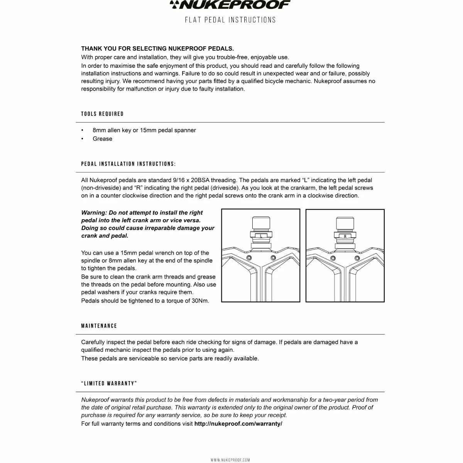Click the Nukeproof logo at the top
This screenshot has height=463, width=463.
pyautogui.click(x=230, y=5)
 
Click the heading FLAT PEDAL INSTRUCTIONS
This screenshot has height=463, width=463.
pyautogui.click(x=230, y=20)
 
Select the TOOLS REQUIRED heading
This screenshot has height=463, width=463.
pyautogui.click(x=102, y=114)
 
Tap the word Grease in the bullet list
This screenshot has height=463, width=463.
pyautogui.click(x=102, y=139)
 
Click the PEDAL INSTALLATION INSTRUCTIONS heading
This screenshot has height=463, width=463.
pyautogui.click(x=128, y=164)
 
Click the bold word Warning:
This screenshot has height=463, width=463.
pyautogui.click(x=94, y=213)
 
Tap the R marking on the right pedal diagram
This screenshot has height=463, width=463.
pyautogui.click(x=345, y=236)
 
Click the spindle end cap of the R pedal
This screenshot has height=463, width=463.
pyautogui.click(x=345, y=223)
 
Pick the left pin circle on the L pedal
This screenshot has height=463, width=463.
pyautogui.click(x=248, y=257)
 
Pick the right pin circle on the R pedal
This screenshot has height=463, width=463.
pyautogui.click(x=357, y=257)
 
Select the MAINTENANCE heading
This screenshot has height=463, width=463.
pyautogui.click(x=99, y=326)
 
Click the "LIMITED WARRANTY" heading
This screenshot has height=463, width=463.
pyautogui.click(x=109, y=384)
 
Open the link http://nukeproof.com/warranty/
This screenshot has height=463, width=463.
pyautogui.click(x=238, y=424)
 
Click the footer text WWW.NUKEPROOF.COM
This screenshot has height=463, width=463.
pyautogui.click(x=230, y=460)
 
